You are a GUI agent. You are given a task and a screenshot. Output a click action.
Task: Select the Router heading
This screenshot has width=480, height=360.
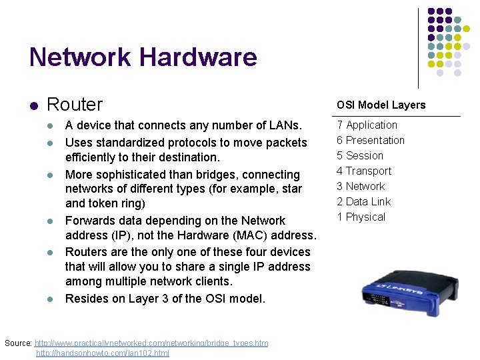[75, 105]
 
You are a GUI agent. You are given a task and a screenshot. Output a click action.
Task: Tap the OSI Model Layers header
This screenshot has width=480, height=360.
[381, 105]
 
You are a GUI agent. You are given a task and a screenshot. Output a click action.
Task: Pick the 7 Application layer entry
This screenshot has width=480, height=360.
[367, 125]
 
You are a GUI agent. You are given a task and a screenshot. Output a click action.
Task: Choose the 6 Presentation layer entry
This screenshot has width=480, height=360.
[371, 140]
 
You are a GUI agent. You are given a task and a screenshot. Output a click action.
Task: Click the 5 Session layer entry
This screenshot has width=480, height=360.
[360, 155]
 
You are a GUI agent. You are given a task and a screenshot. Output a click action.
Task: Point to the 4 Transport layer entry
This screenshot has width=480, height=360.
[364, 171]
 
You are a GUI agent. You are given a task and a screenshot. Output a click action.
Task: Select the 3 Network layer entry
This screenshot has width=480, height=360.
[361, 186]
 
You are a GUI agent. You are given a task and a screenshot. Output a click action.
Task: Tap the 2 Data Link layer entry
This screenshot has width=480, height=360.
[364, 201]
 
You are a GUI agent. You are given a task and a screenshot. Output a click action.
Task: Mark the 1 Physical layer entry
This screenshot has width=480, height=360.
[361, 217]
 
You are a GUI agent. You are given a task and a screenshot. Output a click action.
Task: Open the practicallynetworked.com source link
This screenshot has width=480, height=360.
[151, 343]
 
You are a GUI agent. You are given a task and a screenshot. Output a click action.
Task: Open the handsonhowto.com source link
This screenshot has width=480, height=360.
[103, 353]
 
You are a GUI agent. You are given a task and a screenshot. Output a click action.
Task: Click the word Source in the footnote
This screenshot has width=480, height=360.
[17, 343]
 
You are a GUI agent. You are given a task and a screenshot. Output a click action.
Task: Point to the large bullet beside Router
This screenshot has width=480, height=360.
[33, 105]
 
